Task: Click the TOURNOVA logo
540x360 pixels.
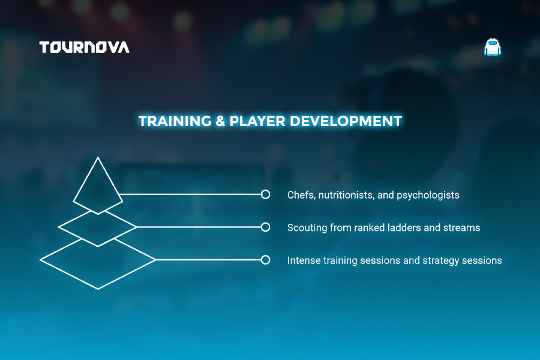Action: pos(85,47)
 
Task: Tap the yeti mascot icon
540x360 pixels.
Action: pos(493,47)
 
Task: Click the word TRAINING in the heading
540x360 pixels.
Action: pos(175,121)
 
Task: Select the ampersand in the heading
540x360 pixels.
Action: pos(220,121)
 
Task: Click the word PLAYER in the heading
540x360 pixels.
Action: pos(257,121)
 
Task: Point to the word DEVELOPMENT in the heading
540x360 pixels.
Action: pos(346,121)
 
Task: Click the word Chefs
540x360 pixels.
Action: pos(301,195)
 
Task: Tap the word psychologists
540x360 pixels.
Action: pos(428,196)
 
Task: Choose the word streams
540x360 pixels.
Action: pos(462,228)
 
